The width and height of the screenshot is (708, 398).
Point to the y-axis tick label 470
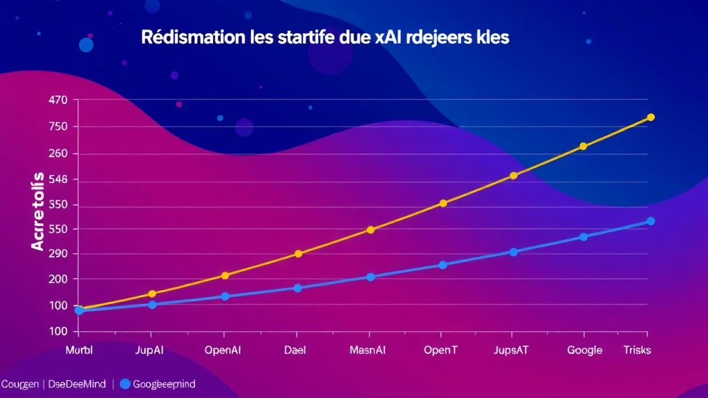tap(58, 100)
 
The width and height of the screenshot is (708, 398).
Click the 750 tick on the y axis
tap(58, 126)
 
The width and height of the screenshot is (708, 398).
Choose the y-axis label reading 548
tap(58, 180)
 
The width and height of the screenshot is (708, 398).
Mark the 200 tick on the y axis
tap(58, 279)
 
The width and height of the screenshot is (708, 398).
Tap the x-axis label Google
tap(585, 350)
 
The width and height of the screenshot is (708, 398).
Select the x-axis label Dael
tap(296, 350)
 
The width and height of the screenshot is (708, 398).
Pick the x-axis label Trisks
tap(637, 350)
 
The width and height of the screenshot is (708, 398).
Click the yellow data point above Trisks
tap(651, 117)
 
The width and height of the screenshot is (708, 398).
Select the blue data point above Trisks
tap(651, 221)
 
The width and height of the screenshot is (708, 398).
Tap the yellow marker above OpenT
tap(443, 203)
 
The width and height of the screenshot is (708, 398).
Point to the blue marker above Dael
tap(298, 288)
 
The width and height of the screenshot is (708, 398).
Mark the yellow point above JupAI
tap(152, 294)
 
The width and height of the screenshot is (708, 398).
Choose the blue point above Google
tap(584, 237)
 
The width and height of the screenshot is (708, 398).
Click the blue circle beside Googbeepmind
tap(125, 383)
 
